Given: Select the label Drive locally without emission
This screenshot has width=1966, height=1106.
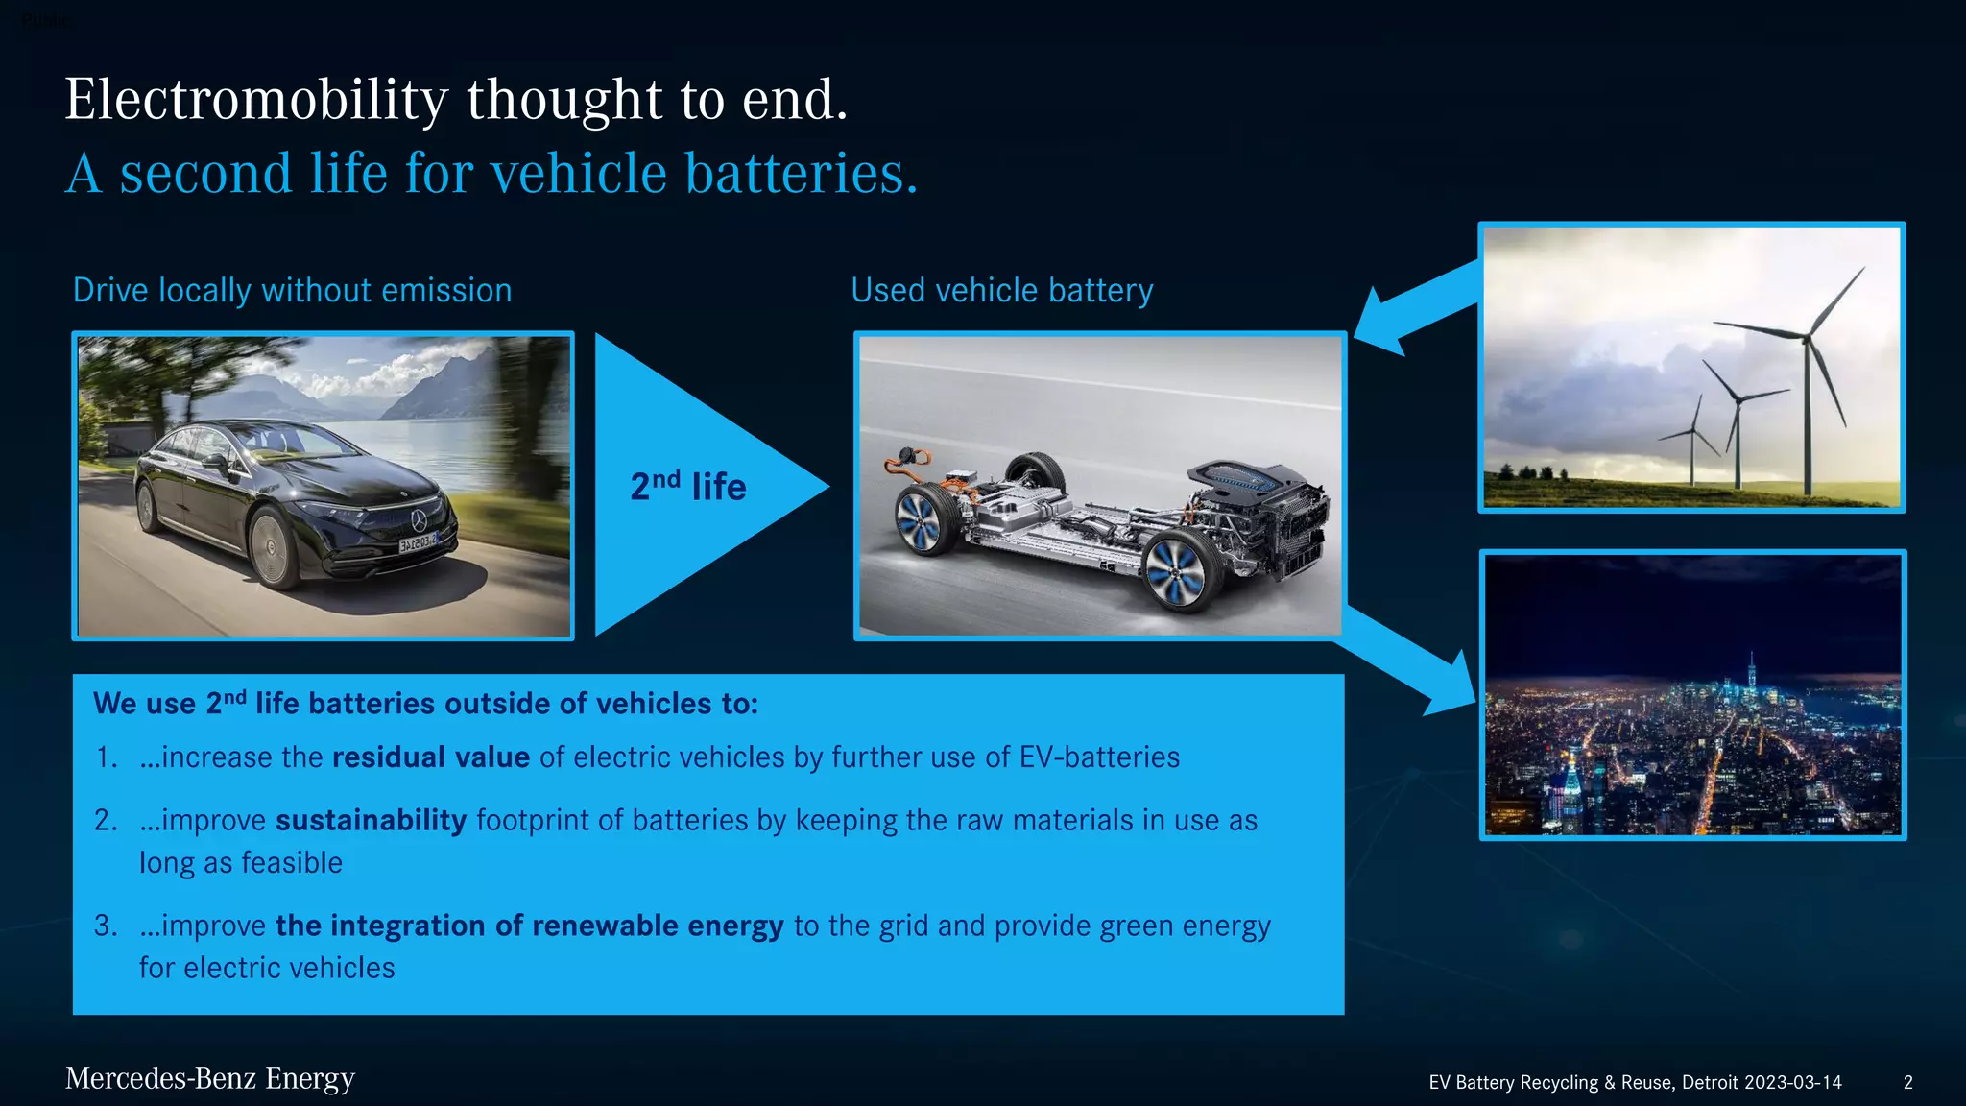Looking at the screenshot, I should click(292, 290).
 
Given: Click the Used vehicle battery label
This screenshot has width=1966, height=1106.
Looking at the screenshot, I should click(1001, 290).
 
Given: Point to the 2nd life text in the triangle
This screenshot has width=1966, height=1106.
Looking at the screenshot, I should click(687, 487).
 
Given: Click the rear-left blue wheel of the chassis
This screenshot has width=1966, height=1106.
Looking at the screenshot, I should click(919, 518).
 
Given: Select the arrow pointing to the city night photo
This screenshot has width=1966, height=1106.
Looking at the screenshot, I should click(1411, 662).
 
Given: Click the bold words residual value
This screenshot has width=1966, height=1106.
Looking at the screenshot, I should click(430, 757).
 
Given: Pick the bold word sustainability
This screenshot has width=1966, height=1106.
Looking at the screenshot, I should click(371, 821).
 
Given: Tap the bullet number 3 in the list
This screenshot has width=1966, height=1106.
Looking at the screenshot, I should click(105, 926).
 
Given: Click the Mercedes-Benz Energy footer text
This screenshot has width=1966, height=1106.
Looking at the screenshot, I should click(209, 1079).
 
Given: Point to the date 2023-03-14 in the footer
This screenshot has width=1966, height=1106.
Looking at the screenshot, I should click(1792, 1082).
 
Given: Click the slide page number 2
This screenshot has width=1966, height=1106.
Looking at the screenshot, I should click(1907, 1082).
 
